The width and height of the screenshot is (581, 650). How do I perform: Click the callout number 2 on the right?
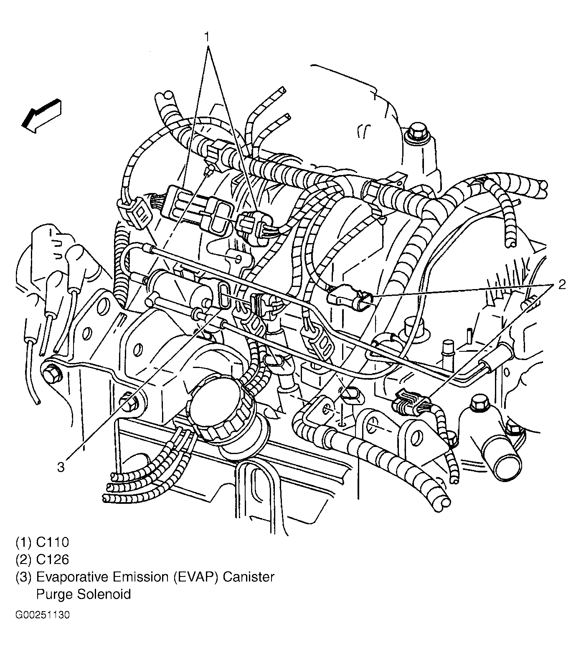562,285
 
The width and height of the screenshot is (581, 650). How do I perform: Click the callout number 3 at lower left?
61,467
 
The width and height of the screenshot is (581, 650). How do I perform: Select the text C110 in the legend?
52,542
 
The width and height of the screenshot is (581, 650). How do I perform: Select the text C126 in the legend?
52,559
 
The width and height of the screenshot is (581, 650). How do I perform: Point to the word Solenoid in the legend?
104,594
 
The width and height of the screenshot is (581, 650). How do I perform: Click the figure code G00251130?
43,615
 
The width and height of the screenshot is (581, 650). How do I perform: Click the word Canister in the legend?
248,577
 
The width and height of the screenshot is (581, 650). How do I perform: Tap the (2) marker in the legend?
24,559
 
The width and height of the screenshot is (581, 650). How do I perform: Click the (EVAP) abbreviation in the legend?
196,577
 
